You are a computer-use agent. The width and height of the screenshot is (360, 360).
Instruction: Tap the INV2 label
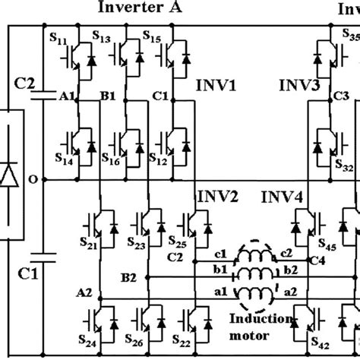coord(218,198)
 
